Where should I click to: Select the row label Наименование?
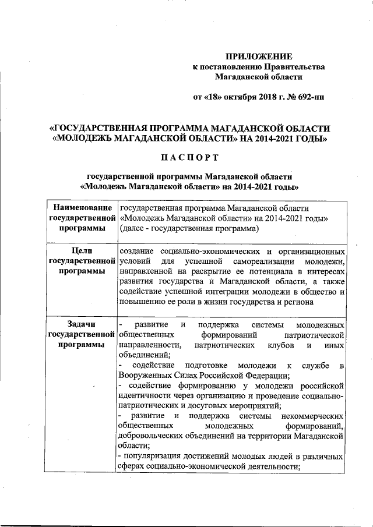click(x=82, y=208)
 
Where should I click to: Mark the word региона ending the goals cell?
click(x=297, y=303)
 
